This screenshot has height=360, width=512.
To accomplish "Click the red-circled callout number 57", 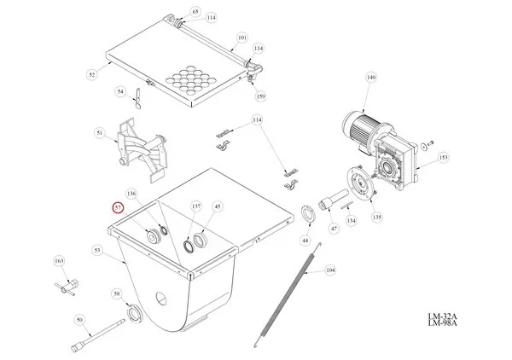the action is pyautogui.click(x=118, y=207).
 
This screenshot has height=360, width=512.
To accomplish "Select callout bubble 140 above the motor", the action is pyautogui.click(x=371, y=78).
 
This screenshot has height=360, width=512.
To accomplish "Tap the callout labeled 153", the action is pyautogui.click(x=444, y=157).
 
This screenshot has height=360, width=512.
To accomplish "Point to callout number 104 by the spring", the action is pyautogui.click(x=330, y=270).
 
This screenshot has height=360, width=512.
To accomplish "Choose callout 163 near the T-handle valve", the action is pyautogui.click(x=59, y=261).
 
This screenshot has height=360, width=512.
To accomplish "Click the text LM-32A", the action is pyautogui.click(x=442, y=316).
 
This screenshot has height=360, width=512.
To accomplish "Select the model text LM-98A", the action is pyautogui.click(x=442, y=322).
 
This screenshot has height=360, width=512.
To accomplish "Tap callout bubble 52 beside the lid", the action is pyautogui.click(x=92, y=74).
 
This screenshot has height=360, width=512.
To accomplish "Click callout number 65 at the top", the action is pyautogui.click(x=195, y=12).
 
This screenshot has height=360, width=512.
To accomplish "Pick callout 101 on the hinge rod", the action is pyautogui.click(x=242, y=38).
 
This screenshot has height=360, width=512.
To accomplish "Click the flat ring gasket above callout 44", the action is pyautogui.click(x=308, y=214).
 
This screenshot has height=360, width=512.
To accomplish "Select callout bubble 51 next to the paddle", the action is pyautogui.click(x=100, y=133).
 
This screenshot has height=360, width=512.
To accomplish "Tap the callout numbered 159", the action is pyautogui.click(x=260, y=96).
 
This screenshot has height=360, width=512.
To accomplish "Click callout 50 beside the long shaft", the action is pyautogui.click(x=79, y=320).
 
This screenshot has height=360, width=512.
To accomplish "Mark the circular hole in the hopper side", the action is pyautogui.click(x=161, y=298).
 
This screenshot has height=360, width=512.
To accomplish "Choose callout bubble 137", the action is pyautogui.click(x=196, y=206).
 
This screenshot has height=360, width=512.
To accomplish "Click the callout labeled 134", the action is pyautogui.click(x=351, y=221).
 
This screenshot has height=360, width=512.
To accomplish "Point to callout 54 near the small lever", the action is pyautogui.click(x=120, y=92).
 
